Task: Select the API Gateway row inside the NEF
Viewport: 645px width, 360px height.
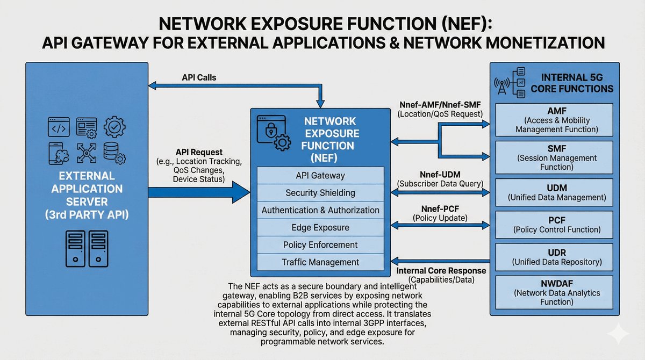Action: click(x=320, y=176)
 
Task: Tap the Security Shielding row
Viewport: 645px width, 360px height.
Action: click(x=320, y=193)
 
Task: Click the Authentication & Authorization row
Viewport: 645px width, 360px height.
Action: click(x=320, y=210)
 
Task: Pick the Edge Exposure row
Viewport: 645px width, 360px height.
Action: click(x=320, y=227)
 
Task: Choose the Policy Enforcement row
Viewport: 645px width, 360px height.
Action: click(x=320, y=244)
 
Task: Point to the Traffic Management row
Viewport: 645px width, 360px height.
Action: click(x=320, y=262)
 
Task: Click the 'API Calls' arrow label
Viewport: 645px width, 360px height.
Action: click(x=199, y=77)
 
